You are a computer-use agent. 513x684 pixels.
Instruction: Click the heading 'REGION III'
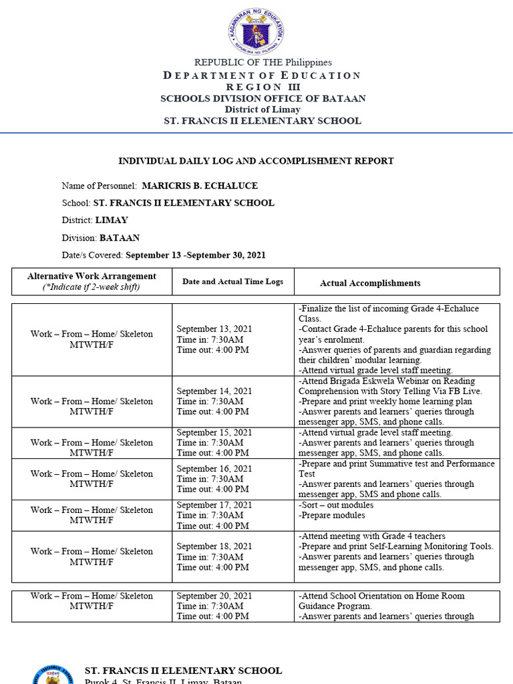[x=263, y=87]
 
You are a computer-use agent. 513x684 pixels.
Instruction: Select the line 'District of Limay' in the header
[x=263, y=110]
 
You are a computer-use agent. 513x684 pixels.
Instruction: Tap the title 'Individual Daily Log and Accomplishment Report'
[x=256, y=161]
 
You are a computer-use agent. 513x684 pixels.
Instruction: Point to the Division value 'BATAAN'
[x=120, y=237]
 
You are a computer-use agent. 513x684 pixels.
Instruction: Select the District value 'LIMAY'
[x=112, y=220]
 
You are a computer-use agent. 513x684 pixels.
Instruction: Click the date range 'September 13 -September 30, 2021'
[x=196, y=254]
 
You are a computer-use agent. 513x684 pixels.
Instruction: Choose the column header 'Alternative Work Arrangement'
[x=92, y=276]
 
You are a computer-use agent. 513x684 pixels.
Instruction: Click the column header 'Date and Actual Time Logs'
[x=232, y=282]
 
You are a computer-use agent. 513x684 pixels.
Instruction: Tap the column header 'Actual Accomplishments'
[x=370, y=283]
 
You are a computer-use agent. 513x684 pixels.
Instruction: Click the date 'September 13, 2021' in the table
[x=214, y=329]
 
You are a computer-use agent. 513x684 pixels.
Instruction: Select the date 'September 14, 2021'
[x=214, y=391]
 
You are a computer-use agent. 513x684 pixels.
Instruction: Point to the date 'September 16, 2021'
[x=214, y=469]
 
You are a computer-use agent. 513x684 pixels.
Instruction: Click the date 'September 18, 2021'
[x=214, y=546]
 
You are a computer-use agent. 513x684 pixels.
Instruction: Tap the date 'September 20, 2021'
[x=214, y=596]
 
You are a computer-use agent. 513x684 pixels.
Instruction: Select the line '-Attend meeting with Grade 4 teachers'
[x=372, y=536]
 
